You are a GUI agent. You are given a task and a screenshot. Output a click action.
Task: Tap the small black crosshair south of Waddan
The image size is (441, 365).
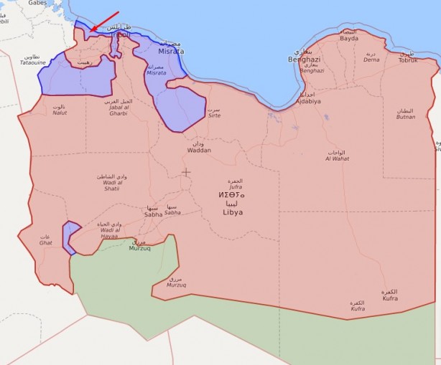coord(186,172)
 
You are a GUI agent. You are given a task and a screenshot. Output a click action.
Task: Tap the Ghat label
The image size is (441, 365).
coord(46,241)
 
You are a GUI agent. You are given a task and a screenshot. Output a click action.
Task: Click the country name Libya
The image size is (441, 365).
coord(232,212)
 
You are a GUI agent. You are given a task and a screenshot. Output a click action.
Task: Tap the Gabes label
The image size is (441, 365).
coord(37,4)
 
